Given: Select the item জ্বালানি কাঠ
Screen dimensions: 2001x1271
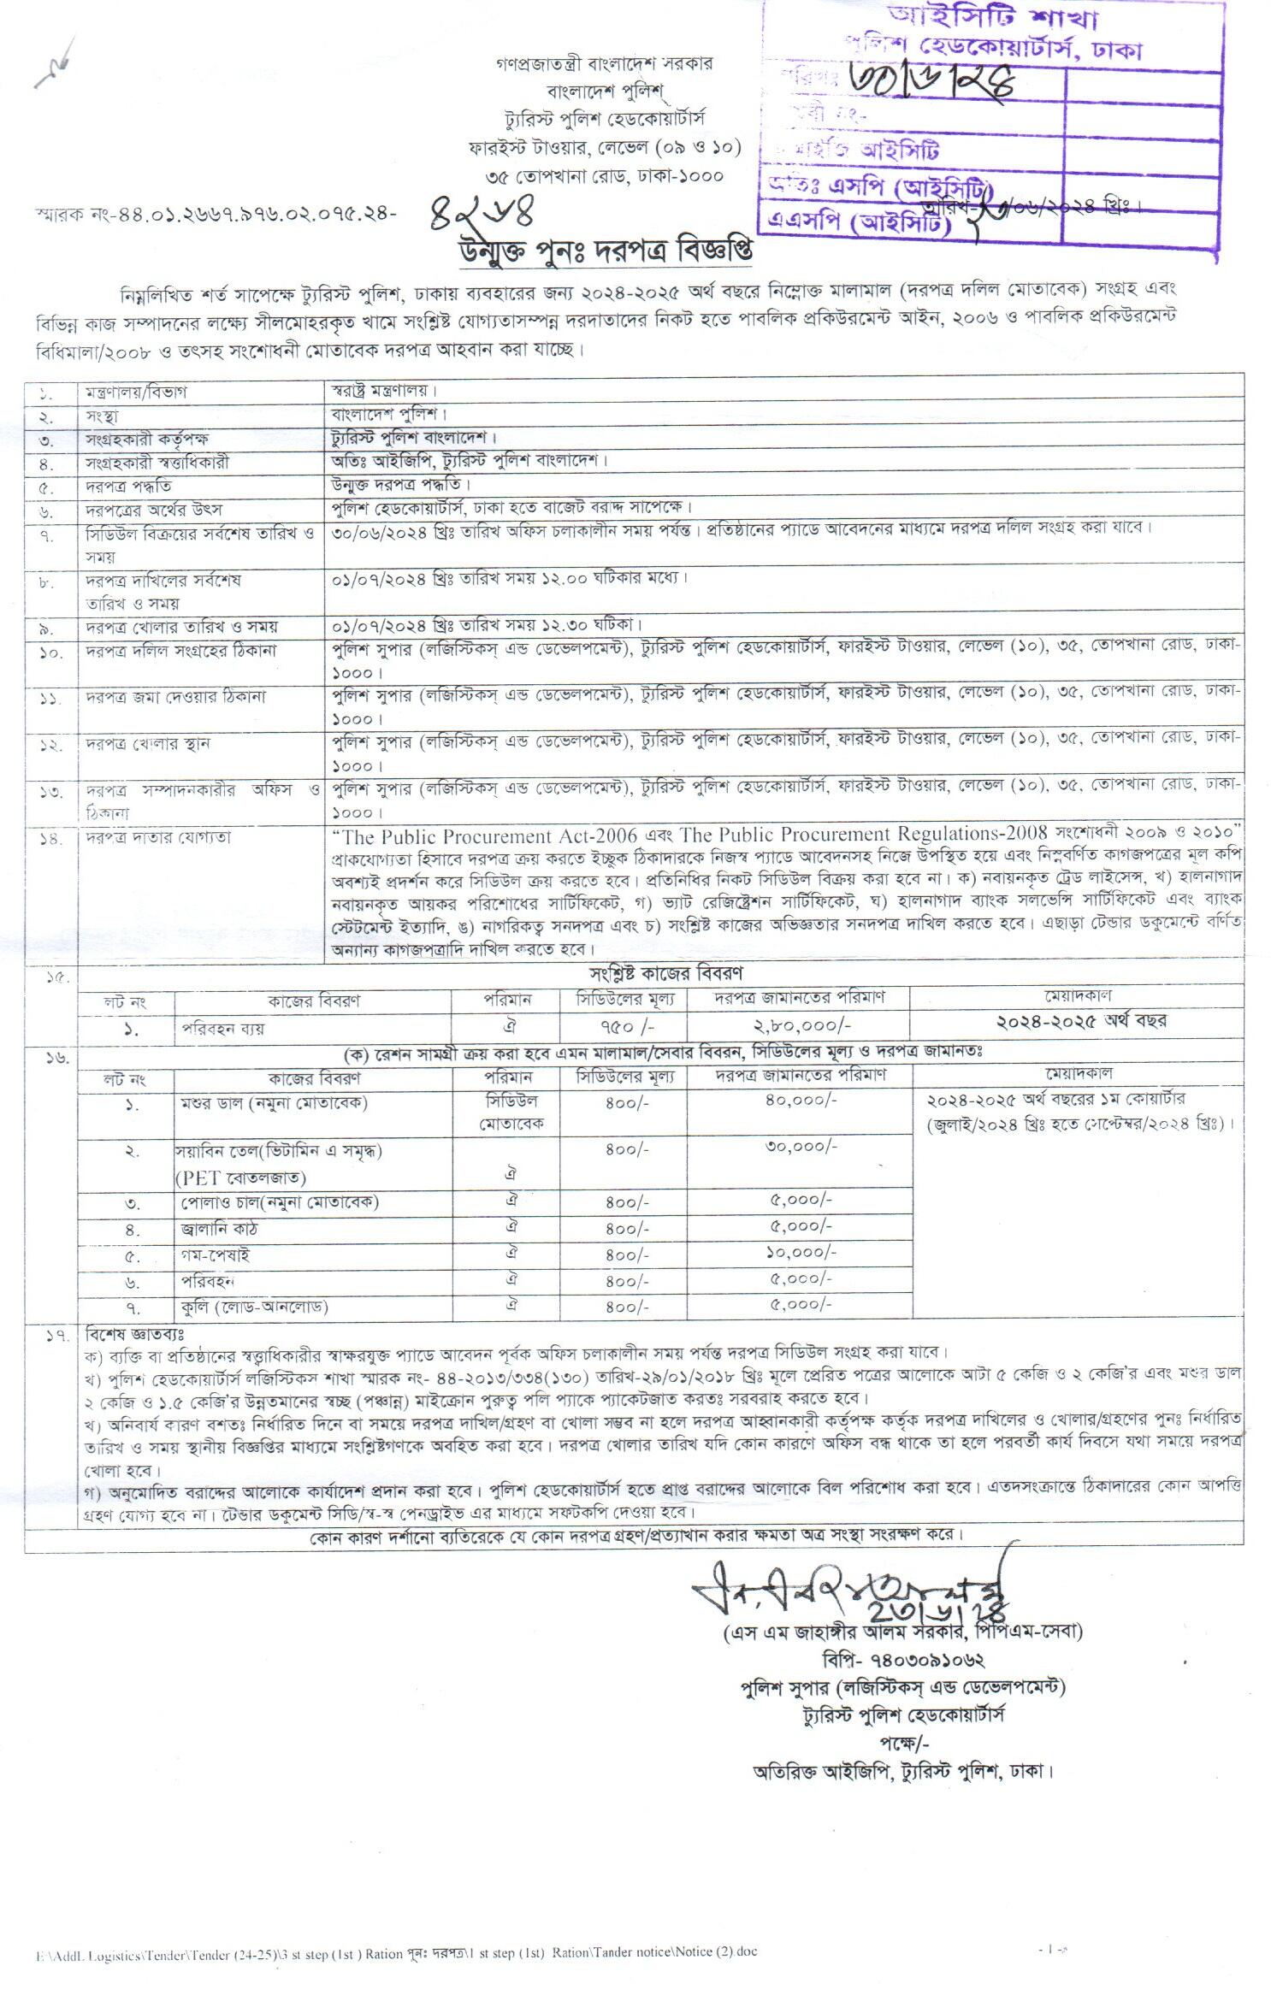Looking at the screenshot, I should [x=219, y=1230].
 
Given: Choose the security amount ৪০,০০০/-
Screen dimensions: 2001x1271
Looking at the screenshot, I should [x=801, y=1101].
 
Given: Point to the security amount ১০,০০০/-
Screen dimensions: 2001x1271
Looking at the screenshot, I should [x=801, y=1254].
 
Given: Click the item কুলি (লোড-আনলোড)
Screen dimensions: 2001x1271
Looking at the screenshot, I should [x=254, y=1307].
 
